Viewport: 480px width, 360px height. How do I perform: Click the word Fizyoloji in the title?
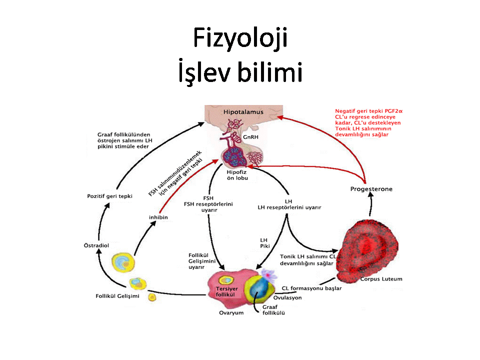(240, 38)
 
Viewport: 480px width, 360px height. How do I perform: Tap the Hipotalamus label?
(243, 112)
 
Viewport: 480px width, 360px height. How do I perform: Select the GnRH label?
(250, 137)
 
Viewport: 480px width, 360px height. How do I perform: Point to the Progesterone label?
(371, 189)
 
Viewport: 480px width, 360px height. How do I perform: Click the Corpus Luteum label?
(381, 279)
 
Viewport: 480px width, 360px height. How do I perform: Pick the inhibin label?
(158, 217)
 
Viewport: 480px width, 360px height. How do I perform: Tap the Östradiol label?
(96, 245)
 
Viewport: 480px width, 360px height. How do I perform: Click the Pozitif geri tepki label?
(109, 196)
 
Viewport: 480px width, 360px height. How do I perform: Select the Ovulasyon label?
(287, 297)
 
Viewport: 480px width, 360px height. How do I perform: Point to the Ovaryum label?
(231, 313)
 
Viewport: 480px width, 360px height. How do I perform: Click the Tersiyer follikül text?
(226, 291)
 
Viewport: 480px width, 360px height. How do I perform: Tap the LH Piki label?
(264, 243)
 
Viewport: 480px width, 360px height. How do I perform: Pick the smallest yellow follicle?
(152, 297)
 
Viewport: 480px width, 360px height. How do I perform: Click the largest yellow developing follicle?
(123, 262)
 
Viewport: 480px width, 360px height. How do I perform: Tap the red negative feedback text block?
(368, 123)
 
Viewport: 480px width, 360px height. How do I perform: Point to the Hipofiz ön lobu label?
(237, 175)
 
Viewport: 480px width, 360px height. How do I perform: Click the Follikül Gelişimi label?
(117, 296)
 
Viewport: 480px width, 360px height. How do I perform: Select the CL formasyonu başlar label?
(311, 288)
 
